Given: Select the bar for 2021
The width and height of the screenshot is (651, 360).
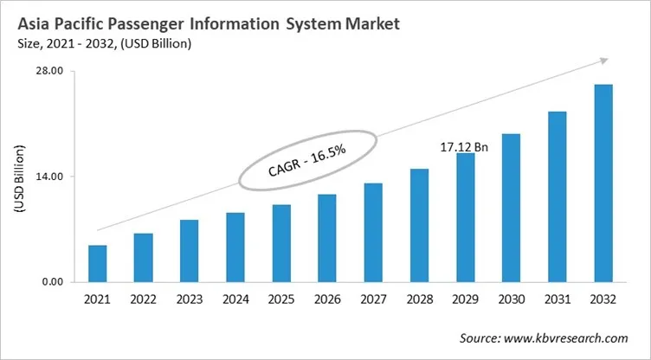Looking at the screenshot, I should (x=97, y=264).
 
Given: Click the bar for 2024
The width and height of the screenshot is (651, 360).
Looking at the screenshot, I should (x=235, y=247).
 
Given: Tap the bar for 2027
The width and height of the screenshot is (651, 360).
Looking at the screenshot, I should (x=373, y=233).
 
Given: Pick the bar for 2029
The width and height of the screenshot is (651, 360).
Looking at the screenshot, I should (x=465, y=217).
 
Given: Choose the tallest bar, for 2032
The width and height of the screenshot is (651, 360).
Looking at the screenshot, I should (x=603, y=183).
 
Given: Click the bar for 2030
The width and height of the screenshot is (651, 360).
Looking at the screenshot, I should (x=511, y=208).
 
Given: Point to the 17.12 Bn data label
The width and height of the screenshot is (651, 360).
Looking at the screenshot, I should (x=465, y=147).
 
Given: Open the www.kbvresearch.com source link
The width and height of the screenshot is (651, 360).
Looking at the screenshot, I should (x=568, y=337).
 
